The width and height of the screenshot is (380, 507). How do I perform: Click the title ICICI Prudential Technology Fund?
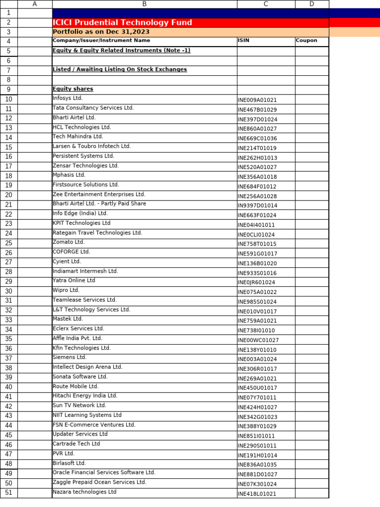(122, 23)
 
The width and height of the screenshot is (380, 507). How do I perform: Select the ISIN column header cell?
(243, 41)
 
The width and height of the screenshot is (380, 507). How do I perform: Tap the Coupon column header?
(306, 41)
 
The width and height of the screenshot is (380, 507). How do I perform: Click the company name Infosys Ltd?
(68, 98)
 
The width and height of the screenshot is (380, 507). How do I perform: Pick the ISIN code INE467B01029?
(257, 110)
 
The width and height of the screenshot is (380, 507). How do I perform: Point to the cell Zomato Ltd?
(69, 242)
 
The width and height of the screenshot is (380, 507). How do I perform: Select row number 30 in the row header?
(9, 291)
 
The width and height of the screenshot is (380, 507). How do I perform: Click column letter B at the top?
(144, 4)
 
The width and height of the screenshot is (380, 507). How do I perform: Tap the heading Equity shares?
(73, 89)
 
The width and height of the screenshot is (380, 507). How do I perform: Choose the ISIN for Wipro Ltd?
(257, 292)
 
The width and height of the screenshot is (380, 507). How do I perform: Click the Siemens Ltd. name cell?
(70, 357)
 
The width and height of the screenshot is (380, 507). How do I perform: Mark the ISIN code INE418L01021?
(257, 494)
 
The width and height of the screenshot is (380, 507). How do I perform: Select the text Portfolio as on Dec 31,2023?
(101, 32)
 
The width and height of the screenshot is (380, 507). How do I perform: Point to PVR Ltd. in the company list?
(64, 454)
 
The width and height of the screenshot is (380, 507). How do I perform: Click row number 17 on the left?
(9, 166)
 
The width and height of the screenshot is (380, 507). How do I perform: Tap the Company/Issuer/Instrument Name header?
(101, 41)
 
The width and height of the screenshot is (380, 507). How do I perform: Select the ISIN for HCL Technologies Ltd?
(257, 129)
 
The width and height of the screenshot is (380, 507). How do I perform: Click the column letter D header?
(312, 4)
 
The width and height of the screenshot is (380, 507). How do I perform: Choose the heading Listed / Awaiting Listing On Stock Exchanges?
(120, 69)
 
